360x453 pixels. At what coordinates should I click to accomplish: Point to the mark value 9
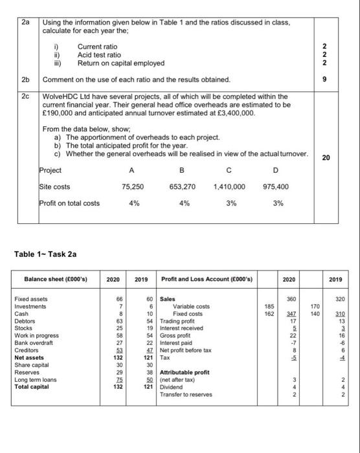pyautogui.click(x=343, y=79)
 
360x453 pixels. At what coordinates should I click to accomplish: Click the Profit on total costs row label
pyautogui.click(x=69, y=203)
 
